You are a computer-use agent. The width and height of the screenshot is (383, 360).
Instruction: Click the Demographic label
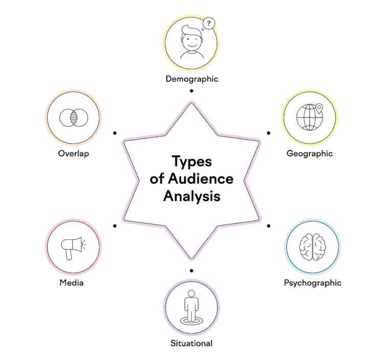[x=192, y=79]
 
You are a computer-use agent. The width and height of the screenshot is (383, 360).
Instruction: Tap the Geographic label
[x=309, y=153]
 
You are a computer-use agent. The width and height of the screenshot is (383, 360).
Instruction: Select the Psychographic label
[x=312, y=283]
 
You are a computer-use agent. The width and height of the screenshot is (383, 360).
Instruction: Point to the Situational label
[x=191, y=343]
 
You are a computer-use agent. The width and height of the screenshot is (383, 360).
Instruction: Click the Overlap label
[x=74, y=153]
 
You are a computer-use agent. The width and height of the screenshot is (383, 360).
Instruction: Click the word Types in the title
[x=191, y=162]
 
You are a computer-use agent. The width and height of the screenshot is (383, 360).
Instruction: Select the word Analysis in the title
[x=192, y=196]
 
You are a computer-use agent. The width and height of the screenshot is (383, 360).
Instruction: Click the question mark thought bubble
[x=208, y=24]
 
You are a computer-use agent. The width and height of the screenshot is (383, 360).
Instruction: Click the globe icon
[x=309, y=118]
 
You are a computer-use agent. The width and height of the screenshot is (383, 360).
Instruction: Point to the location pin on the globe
[x=319, y=108]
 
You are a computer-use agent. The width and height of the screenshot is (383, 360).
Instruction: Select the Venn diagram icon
[x=73, y=118]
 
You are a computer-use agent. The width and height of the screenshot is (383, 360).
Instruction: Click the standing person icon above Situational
[x=192, y=307]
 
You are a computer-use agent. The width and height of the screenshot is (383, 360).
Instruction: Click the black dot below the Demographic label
[x=191, y=91]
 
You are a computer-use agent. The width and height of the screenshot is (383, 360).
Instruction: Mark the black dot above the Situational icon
[x=191, y=270]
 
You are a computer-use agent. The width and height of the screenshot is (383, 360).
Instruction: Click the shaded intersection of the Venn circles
[x=73, y=118]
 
